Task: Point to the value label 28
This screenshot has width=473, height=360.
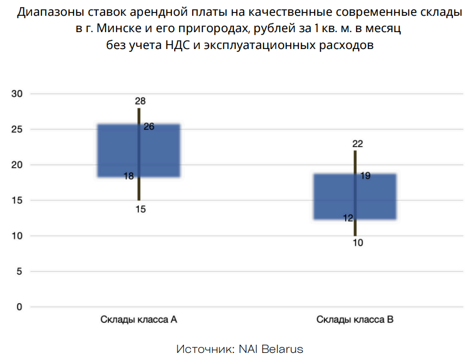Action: (x=140, y=101)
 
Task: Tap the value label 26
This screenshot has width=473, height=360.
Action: (x=149, y=126)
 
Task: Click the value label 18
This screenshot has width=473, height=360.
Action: (x=128, y=176)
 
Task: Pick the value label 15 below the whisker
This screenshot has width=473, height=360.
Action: (x=140, y=209)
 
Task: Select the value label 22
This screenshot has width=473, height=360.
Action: (x=358, y=144)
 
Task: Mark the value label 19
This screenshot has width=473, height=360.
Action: (x=365, y=176)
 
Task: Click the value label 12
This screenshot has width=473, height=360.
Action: (x=348, y=218)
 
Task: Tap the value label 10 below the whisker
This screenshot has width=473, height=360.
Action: (x=358, y=243)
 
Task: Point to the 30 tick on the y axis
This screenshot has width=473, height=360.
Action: (x=17, y=94)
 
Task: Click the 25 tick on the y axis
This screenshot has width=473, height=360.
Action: (x=17, y=130)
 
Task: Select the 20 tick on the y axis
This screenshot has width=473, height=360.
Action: (x=17, y=165)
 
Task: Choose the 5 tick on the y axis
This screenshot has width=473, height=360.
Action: (x=20, y=271)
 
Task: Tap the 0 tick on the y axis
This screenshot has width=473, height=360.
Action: (x=20, y=307)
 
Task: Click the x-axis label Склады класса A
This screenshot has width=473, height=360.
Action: (x=139, y=320)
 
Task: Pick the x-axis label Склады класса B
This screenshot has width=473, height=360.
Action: (x=355, y=320)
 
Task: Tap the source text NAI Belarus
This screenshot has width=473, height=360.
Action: (x=271, y=349)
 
